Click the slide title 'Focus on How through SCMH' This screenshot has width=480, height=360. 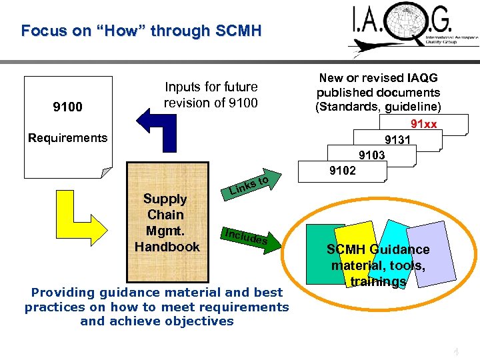[141, 31]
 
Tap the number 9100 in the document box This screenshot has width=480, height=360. [67, 107]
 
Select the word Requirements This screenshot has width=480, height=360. [67, 138]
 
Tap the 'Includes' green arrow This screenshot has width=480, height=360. [247, 237]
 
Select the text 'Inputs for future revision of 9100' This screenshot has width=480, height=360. [211, 95]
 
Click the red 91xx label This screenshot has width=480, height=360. [423, 124]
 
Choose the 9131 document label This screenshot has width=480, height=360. [398, 140]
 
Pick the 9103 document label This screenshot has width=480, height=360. [371, 155]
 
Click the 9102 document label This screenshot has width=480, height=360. [343, 170]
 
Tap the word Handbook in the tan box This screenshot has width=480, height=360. [167, 247]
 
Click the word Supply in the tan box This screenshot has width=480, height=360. [165, 199]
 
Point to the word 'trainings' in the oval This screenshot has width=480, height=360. [378, 281]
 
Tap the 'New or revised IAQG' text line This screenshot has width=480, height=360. [378, 78]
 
